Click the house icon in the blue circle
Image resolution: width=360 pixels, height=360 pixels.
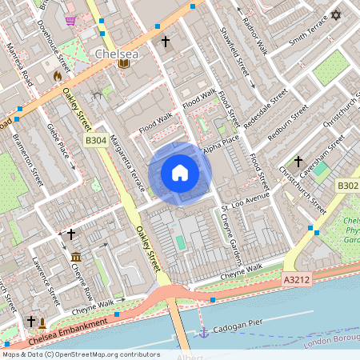(x=180, y=173)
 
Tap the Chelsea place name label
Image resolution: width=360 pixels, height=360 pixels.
(x=117, y=53)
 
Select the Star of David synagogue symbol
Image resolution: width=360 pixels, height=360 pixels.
(x=335, y=15)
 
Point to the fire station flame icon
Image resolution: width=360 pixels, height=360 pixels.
(x=57, y=75)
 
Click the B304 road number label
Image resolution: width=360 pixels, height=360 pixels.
(x=95, y=141)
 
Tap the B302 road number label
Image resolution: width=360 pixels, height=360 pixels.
(x=347, y=186)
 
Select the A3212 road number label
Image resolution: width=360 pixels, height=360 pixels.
(x=298, y=280)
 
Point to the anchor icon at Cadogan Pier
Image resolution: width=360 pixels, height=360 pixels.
(x=204, y=332)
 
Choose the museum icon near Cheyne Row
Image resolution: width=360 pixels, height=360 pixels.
(x=76, y=257)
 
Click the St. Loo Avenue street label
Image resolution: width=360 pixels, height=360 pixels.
(x=246, y=206)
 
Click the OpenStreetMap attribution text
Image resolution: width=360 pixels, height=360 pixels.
(x=80, y=354)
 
